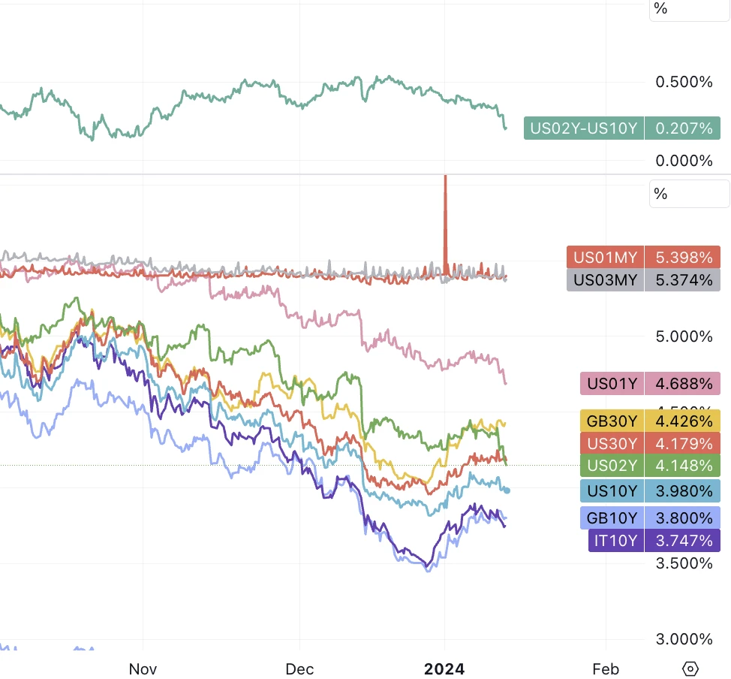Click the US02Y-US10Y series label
point(583,128)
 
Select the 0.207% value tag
point(683,128)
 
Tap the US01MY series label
point(605,258)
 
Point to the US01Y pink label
point(612,384)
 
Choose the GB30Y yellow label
point(612,421)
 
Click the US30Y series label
point(612,443)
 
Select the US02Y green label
point(612,466)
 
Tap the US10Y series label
point(612,491)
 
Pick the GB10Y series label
point(612,518)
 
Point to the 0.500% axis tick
point(684,82)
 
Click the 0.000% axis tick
point(684,161)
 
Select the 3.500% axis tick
point(684,563)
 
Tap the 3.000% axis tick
point(684,639)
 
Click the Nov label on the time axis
point(143,668)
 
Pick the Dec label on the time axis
point(299,668)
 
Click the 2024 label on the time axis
point(444,668)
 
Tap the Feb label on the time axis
point(606,668)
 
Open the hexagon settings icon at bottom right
point(690,668)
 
